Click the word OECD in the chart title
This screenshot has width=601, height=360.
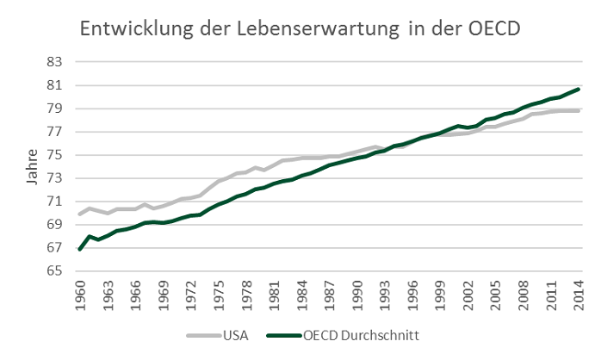click(x=492, y=29)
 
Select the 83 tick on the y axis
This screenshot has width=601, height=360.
click(x=56, y=62)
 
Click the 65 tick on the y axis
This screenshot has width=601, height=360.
click(x=56, y=271)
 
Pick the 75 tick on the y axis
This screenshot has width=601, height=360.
click(x=56, y=155)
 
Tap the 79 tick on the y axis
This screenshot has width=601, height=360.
click(x=56, y=109)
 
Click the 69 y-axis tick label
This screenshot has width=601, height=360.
click(x=56, y=225)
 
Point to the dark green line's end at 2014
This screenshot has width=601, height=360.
click(x=578, y=89)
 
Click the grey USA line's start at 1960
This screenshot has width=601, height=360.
click(x=79, y=214)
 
